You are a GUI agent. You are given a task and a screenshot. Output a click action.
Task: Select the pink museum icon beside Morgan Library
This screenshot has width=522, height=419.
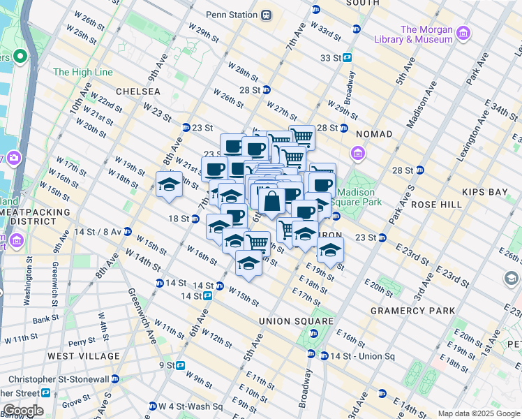click(x=462, y=32)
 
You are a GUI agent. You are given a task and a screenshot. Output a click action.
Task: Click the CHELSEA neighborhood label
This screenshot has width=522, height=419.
click(x=137, y=91)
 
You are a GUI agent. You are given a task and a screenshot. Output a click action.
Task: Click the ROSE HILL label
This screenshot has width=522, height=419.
click(x=437, y=205)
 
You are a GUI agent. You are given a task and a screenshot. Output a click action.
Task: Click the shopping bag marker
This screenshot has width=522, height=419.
click(x=272, y=203)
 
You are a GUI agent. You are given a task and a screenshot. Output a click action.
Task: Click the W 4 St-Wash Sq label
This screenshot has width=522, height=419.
click(x=190, y=406)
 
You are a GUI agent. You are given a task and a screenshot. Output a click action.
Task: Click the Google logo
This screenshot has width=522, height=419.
click(x=22, y=411)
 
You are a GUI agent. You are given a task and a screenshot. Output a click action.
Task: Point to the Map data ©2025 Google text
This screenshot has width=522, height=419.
click(x=478, y=414)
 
